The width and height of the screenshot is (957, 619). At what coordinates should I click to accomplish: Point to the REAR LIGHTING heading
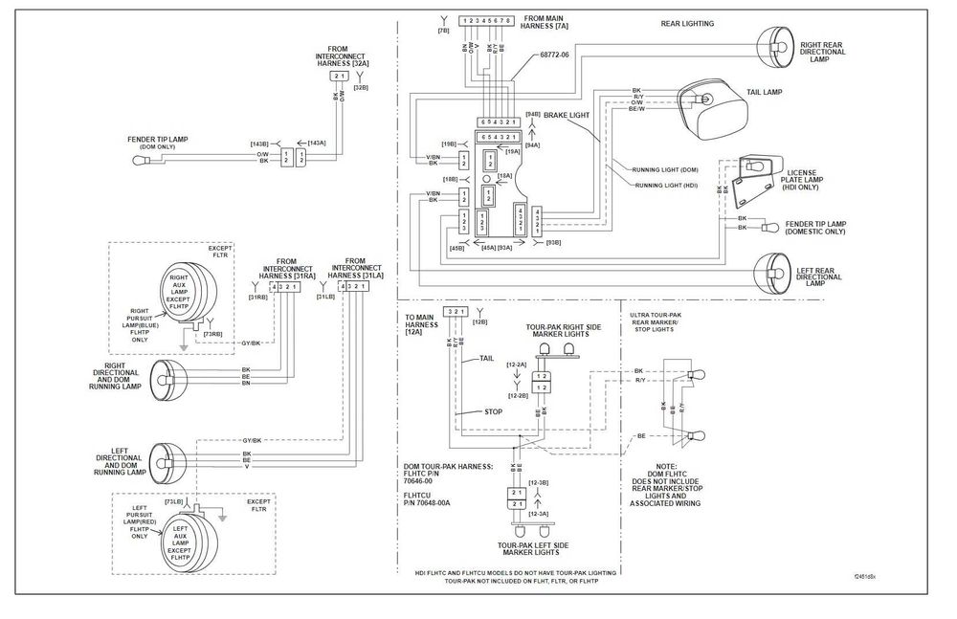click(687, 23)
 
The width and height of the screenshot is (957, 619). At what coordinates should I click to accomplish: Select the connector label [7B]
click(442, 31)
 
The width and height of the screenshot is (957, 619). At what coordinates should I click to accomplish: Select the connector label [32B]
click(361, 87)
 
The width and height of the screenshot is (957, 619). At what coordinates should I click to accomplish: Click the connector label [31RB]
click(257, 297)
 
